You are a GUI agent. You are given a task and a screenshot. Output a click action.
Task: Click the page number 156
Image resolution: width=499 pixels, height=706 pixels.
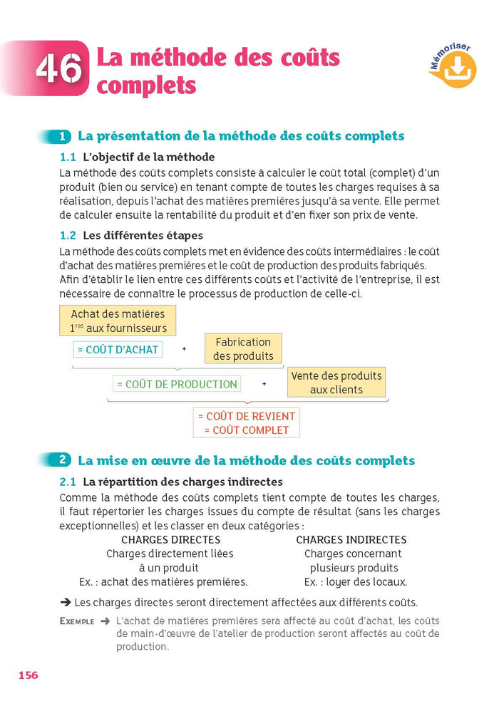[28, 675]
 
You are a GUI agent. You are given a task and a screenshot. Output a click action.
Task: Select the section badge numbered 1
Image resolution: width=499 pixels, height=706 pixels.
[63, 136]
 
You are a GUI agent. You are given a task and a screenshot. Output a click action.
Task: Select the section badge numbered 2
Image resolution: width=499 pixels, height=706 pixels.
[63, 460]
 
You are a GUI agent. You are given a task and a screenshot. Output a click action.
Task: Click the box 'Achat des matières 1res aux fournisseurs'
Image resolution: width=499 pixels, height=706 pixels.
[118, 321]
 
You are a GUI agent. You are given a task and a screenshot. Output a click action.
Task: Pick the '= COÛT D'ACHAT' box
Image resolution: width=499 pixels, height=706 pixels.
[117, 350]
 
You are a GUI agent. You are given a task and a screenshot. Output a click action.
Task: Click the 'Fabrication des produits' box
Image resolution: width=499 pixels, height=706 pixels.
[243, 349]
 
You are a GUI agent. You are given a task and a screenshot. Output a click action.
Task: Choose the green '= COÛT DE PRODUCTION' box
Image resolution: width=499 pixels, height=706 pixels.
[177, 384]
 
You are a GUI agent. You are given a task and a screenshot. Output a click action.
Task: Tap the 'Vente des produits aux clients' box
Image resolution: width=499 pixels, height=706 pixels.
[336, 383]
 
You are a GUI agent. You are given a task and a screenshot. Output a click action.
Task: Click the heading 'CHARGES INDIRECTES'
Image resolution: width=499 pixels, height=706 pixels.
[351, 540]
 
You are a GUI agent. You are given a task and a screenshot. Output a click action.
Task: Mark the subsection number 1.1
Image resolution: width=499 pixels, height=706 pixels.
[68, 157]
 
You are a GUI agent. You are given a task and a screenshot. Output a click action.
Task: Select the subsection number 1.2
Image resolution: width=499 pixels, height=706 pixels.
[68, 235]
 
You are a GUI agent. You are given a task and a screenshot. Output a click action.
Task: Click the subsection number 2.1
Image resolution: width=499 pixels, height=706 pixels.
[68, 482]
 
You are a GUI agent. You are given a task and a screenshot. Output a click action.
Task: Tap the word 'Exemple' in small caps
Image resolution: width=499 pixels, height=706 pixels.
[76, 621]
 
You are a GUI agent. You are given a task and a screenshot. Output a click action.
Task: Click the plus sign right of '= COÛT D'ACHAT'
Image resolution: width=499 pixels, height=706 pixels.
[184, 350]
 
